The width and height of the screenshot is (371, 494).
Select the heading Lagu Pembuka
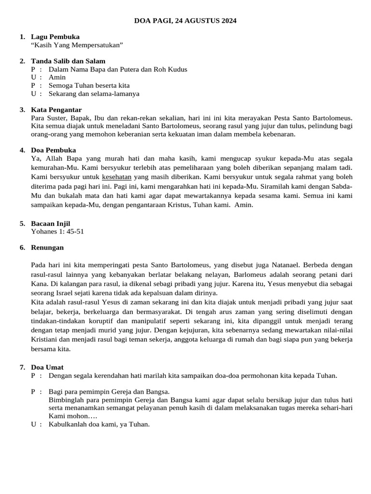pyautogui.click(x=55, y=37)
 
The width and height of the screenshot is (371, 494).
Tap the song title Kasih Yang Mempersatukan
pyautogui.click(x=77, y=45)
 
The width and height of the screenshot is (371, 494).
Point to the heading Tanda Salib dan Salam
pyautogui.click(x=68, y=61)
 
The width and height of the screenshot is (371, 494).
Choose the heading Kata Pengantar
pyautogui.click(x=56, y=110)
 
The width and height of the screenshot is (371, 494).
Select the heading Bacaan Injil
pyautogui.click(x=50, y=223)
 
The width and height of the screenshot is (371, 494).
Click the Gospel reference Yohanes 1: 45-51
pyautogui.click(x=57, y=231)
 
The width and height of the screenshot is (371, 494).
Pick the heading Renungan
pyautogui.click(x=47, y=247)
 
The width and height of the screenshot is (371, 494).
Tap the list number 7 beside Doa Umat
pyautogui.click(x=22, y=367)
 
